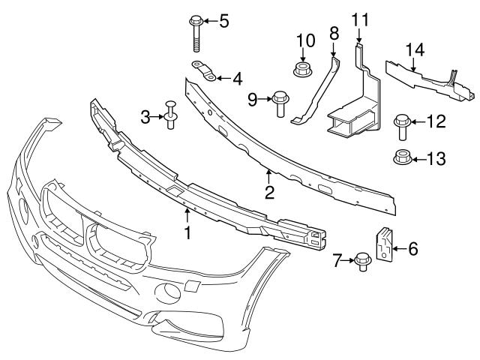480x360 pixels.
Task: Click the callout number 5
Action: pyautogui.click(x=223, y=19)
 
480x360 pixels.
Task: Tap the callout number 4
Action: pyautogui.click(x=237, y=77)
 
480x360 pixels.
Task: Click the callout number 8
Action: pyautogui.click(x=334, y=34)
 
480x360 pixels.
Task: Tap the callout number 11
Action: pyautogui.click(x=361, y=19)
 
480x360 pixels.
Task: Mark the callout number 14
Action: pyautogui.click(x=415, y=49)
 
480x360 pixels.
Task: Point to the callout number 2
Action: pyautogui.click(x=268, y=193)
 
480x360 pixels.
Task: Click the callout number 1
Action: pyautogui.click(x=187, y=232)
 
